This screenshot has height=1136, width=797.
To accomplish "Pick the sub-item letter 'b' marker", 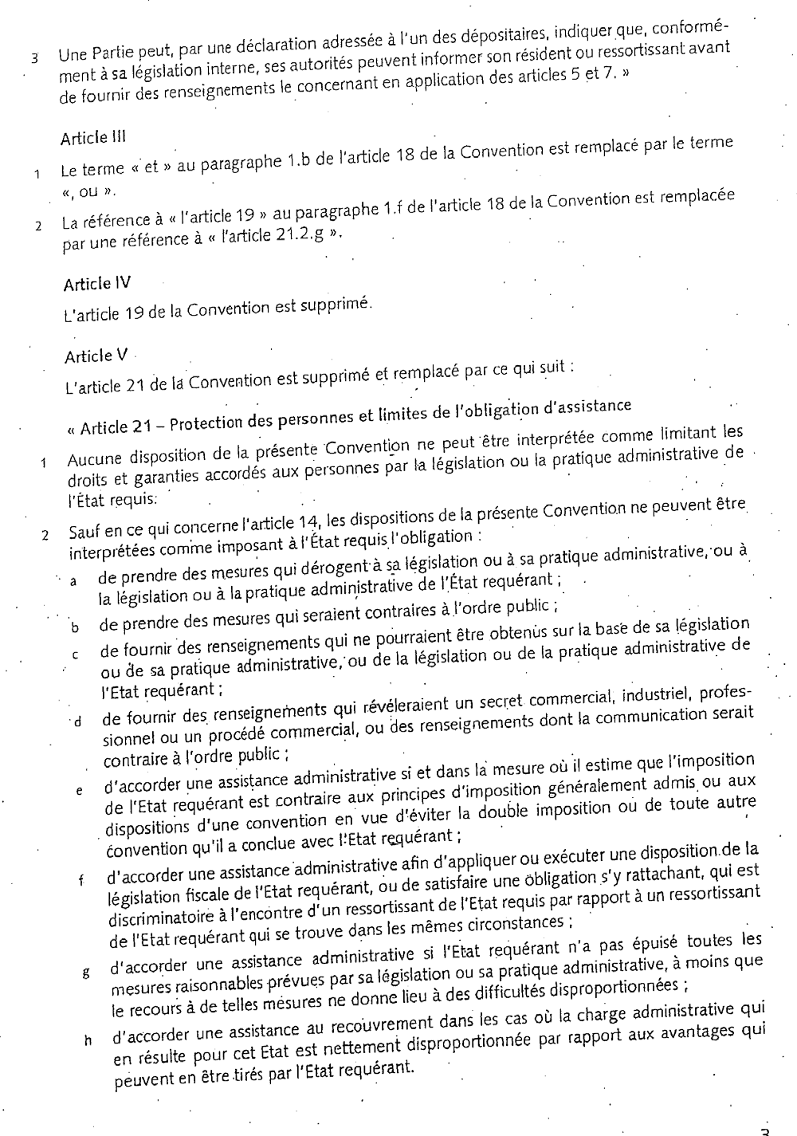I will click(75, 627).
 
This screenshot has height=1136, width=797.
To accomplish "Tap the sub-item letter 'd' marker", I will click(78, 723).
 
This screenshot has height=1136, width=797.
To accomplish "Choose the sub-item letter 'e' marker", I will click(79, 792).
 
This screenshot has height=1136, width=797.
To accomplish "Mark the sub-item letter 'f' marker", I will click(80, 882).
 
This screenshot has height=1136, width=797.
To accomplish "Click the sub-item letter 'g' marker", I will click(84, 973).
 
